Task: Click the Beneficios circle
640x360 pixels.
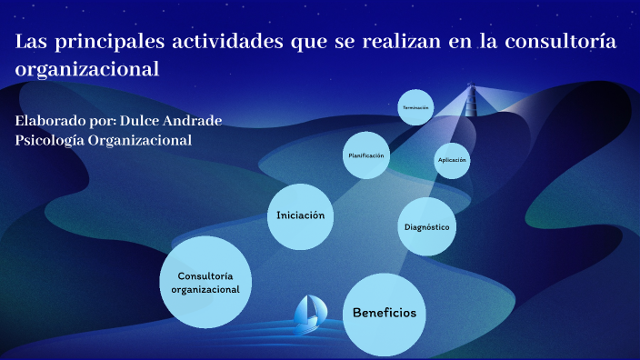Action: [385, 314]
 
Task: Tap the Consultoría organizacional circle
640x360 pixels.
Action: [205, 282]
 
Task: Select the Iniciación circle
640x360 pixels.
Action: [301, 215]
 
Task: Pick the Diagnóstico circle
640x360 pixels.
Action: [426, 226]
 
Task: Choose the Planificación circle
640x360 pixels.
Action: [366, 155]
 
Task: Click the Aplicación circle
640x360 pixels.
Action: [452, 160]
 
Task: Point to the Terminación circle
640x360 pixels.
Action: [415, 107]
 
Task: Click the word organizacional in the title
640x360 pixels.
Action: [87, 69]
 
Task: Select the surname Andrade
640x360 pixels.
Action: [198, 121]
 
